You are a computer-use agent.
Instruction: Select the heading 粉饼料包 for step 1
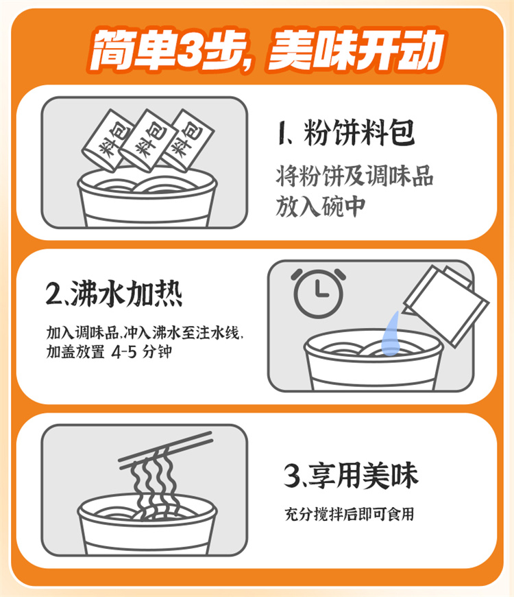[359, 132]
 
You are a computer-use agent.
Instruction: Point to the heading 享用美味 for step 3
[363, 476]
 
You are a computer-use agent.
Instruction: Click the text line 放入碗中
[321, 207]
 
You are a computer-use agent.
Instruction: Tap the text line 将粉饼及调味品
[355, 176]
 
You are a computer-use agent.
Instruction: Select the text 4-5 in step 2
[123, 352]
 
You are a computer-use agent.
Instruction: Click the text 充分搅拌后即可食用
[350, 514]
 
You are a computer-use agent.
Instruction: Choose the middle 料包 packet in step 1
[147, 140]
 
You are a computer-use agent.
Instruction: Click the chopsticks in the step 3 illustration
[166, 450]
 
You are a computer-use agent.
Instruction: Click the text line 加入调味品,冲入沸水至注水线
[145, 333]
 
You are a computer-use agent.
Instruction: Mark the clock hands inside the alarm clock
[321, 290]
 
